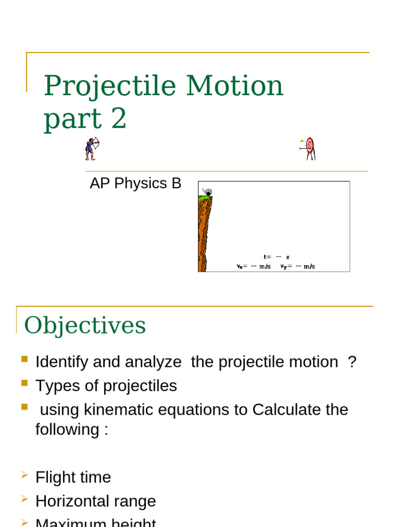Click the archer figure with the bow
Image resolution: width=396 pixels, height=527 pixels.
[x=92, y=148]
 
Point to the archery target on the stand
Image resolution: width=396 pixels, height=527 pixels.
[x=309, y=148]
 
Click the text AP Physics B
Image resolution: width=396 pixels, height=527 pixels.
[x=136, y=184]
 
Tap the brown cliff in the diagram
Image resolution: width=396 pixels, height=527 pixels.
[x=204, y=237]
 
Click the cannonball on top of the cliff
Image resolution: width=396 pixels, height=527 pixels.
[x=208, y=193]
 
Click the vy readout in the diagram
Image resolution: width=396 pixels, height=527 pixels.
[x=298, y=267]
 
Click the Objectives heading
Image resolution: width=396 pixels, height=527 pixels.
[x=85, y=325]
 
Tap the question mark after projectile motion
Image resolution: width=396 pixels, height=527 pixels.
[x=352, y=362]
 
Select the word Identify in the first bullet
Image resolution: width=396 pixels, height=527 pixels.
[x=62, y=362]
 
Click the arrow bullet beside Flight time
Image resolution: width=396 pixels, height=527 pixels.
[x=24, y=476]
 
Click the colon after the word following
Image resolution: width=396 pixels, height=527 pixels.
[x=106, y=430]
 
